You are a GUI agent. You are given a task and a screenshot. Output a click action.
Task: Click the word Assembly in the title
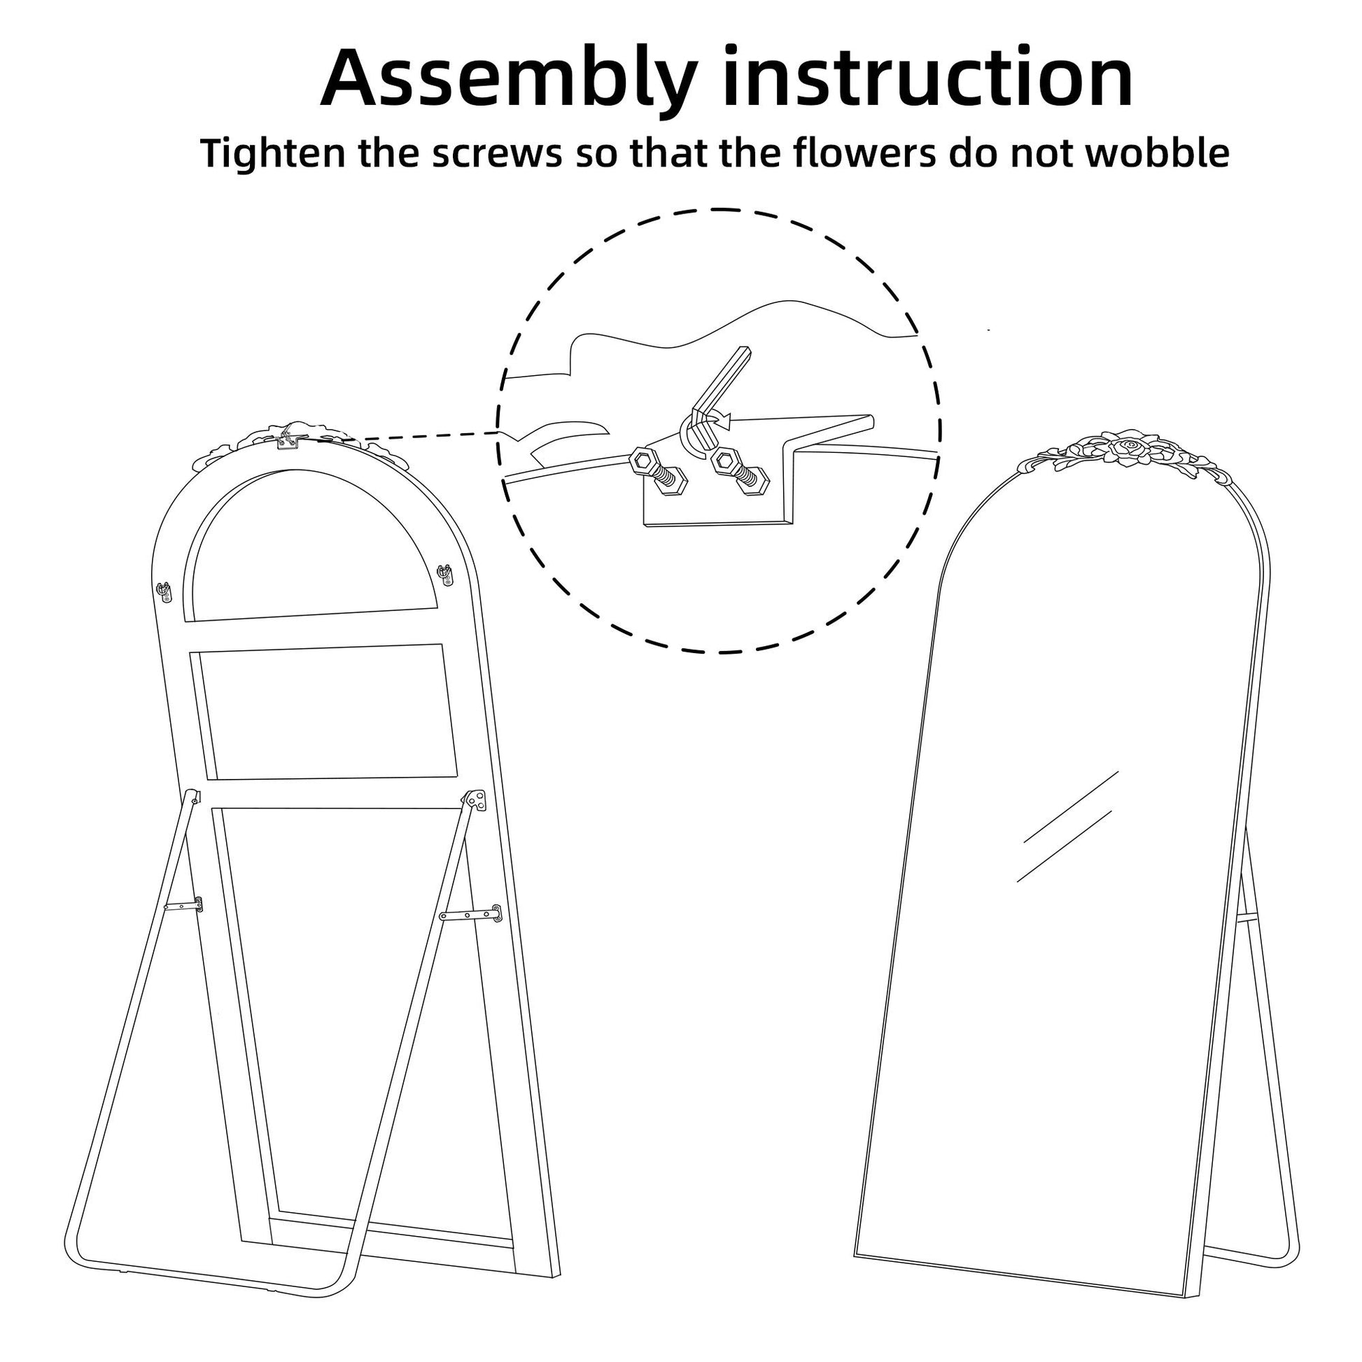(x=509, y=80)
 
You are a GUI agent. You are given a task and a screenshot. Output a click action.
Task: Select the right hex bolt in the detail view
(x=740, y=472)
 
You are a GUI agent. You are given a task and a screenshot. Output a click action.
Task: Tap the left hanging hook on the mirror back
(x=164, y=591)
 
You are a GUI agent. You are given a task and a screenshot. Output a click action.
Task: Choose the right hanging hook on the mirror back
(x=445, y=575)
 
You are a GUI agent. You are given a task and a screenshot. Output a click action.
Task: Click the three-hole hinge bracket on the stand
(x=475, y=800)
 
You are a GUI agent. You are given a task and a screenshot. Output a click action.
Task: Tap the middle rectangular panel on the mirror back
(x=324, y=712)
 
